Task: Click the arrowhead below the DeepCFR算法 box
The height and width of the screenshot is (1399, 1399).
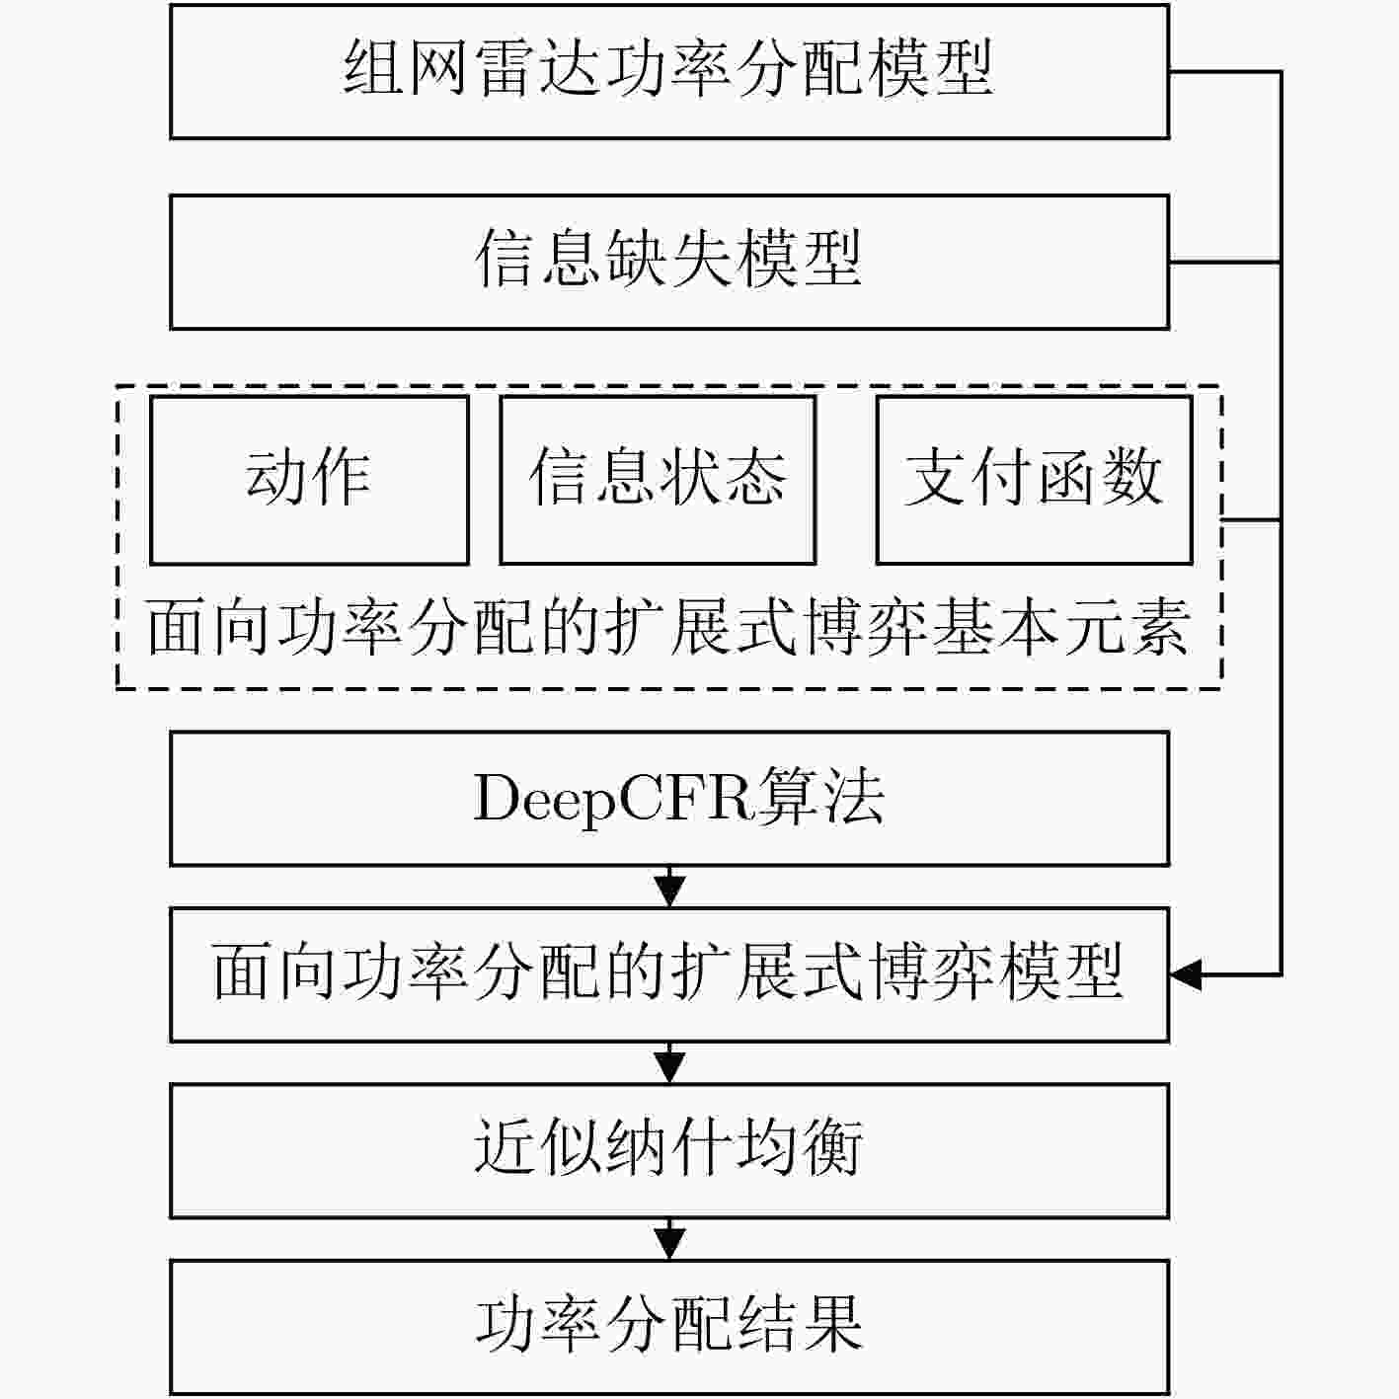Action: pos(669,893)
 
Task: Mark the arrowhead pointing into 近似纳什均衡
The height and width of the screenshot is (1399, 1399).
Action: pos(669,1068)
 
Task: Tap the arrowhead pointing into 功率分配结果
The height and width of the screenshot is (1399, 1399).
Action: pos(669,1244)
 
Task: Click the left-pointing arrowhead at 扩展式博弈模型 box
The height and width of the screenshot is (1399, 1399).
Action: pos(1186,975)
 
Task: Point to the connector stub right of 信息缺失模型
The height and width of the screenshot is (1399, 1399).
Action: pos(1225,262)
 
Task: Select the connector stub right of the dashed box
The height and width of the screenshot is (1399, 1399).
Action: pos(1252,520)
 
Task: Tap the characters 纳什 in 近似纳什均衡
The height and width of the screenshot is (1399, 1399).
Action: pos(669,1148)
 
